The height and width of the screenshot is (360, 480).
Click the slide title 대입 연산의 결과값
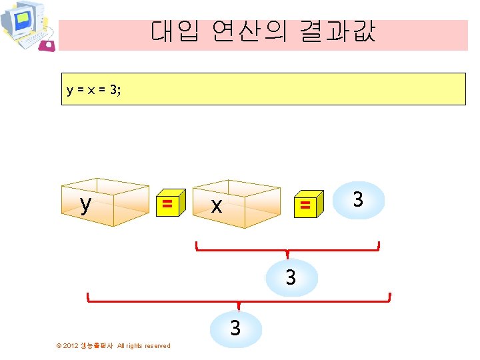pos(263,31)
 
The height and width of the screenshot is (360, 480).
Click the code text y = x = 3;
pos(94,90)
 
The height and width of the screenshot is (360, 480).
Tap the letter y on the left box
pos(85,204)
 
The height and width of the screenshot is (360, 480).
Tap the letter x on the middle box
pos(216,206)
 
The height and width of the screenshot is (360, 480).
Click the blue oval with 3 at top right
pos(358,199)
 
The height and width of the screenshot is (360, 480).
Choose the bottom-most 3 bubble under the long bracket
pos(235,329)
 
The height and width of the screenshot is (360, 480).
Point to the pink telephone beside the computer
pos(47,45)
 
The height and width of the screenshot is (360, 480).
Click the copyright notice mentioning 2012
pos(113,345)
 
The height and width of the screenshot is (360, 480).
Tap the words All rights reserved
pos(143,345)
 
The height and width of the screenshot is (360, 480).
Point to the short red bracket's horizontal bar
pos(287,250)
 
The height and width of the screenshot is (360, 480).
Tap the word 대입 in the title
pos(175,31)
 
